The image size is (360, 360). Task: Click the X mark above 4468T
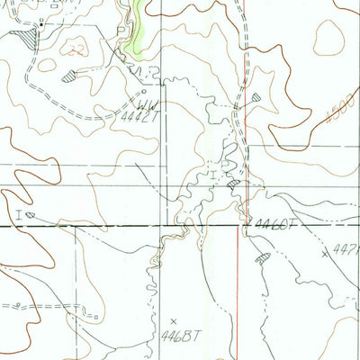click(174, 319)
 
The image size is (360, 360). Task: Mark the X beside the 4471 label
click(325, 254)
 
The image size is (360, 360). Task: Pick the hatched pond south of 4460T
click(263, 259)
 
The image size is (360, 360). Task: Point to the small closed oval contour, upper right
click(328, 39)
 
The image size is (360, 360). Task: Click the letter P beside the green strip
click(121, 31)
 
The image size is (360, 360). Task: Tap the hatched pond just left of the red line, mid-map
click(233, 184)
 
